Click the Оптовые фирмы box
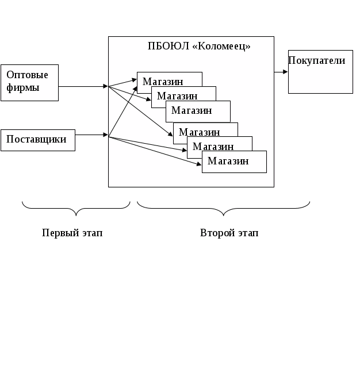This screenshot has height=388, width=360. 29,82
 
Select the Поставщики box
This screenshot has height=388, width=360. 37,140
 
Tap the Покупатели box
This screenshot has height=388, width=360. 320,72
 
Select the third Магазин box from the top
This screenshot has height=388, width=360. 197,110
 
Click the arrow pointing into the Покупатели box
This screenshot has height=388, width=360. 281,72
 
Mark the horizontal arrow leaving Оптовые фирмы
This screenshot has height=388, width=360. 83,86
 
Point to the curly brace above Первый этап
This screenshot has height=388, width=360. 76,206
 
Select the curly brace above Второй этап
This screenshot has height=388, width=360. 224,206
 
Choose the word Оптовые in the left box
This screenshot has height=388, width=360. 27,75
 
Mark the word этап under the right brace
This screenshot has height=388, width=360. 247,233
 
